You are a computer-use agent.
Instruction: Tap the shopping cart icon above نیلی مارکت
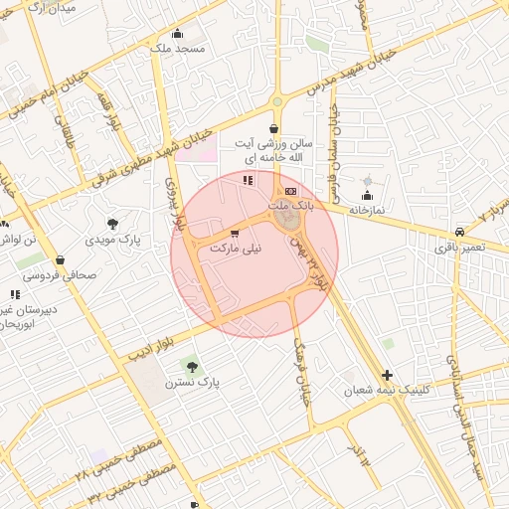click(235, 234)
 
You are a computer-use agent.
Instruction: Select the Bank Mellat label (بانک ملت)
click(292, 205)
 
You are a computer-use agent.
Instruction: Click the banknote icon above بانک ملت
click(290, 191)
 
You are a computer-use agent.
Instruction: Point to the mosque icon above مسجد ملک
click(178, 33)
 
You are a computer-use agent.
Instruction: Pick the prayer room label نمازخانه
click(366, 211)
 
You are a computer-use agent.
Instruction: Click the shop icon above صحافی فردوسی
click(60, 259)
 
